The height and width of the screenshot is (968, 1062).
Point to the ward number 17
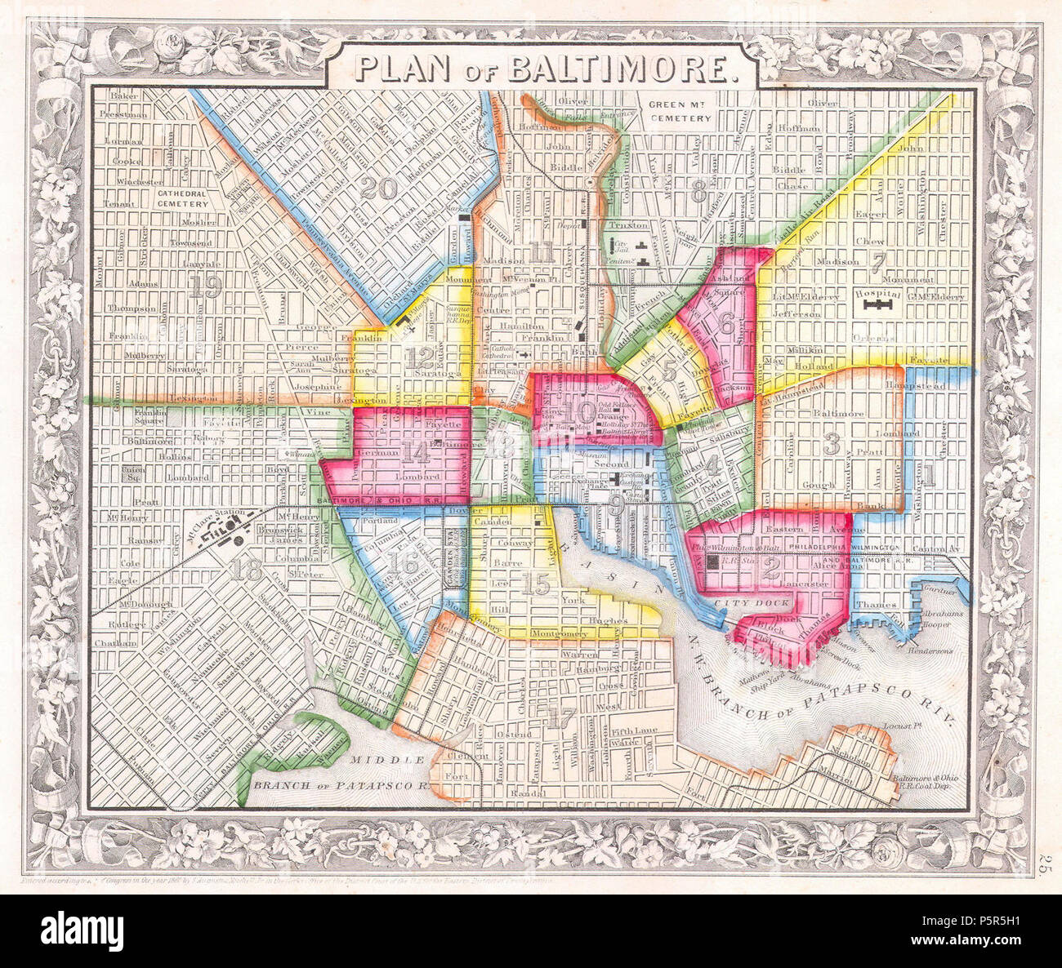pyautogui.click(x=561, y=719)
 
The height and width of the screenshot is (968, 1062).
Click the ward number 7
pyautogui.click(x=878, y=263)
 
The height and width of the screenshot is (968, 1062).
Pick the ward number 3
pyautogui.click(x=832, y=444)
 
